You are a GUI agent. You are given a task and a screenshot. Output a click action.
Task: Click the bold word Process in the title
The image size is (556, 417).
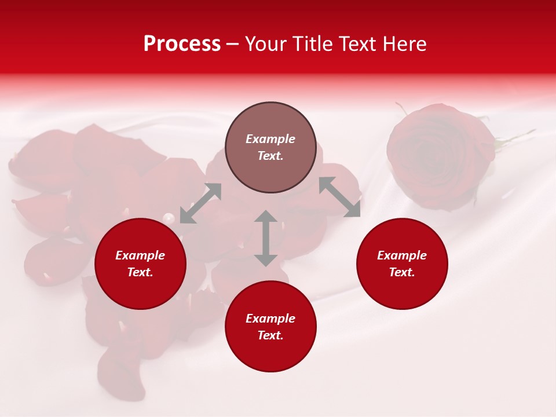(x=182, y=44)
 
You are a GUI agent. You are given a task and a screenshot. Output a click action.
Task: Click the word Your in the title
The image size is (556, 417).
(x=267, y=44)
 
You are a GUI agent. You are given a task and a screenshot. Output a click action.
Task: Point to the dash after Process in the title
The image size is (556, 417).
(x=232, y=45)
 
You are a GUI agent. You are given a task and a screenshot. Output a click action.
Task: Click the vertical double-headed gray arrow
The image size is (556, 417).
(x=266, y=238)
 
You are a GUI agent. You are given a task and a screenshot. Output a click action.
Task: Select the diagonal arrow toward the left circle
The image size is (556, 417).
(x=201, y=203)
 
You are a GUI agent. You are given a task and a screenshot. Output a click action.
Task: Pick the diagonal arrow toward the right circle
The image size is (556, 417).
(x=339, y=197)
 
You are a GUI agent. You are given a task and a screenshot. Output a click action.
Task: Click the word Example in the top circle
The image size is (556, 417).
(x=270, y=139)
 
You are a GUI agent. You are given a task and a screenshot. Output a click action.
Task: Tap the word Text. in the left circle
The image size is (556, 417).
(x=140, y=272)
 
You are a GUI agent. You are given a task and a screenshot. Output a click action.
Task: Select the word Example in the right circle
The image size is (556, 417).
(x=402, y=255)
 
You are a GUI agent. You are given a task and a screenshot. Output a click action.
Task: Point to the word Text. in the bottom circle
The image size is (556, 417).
(x=270, y=335)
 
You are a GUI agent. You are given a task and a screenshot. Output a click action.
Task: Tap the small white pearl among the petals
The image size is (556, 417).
(x=169, y=218)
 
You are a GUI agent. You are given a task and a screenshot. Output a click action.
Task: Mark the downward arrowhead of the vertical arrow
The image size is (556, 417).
(x=266, y=259)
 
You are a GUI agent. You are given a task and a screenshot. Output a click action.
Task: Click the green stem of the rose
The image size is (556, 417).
(x=515, y=138)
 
